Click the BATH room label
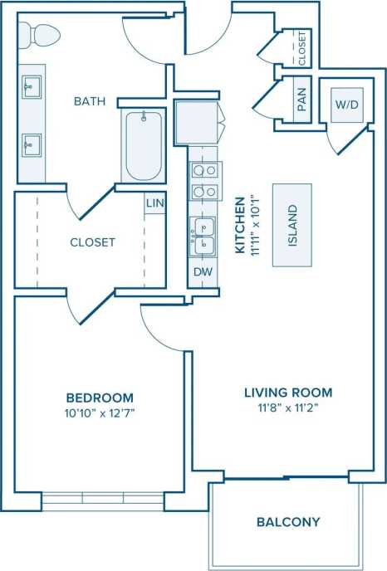click(x=89, y=102)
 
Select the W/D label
click(x=346, y=105)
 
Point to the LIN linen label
click(x=154, y=203)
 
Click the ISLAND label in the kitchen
click(x=292, y=225)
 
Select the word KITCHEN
click(x=239, y=225)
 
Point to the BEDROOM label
click(x=99, y=398)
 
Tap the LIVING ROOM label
click(x=288, y=393)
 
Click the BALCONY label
click(x=288, y=522)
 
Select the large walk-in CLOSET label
click(x=92, y=242)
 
